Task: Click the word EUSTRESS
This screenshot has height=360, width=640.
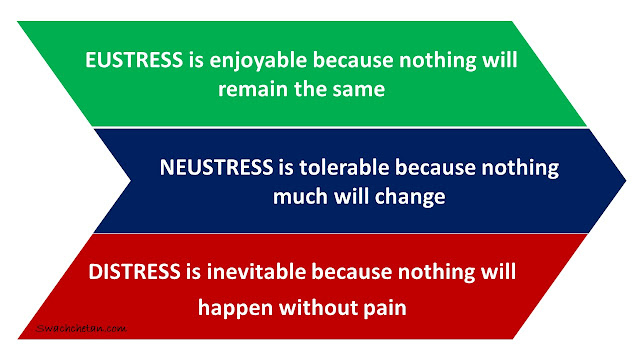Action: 134,60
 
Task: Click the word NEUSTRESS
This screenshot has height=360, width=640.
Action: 216,167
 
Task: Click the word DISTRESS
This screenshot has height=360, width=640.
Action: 134,272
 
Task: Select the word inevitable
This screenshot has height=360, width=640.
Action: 256,271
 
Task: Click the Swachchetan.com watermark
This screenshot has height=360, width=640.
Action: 81,329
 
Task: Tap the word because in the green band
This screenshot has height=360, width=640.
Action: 353,60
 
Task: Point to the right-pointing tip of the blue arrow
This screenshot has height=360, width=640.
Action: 626,180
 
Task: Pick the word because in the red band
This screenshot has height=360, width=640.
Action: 351,271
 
